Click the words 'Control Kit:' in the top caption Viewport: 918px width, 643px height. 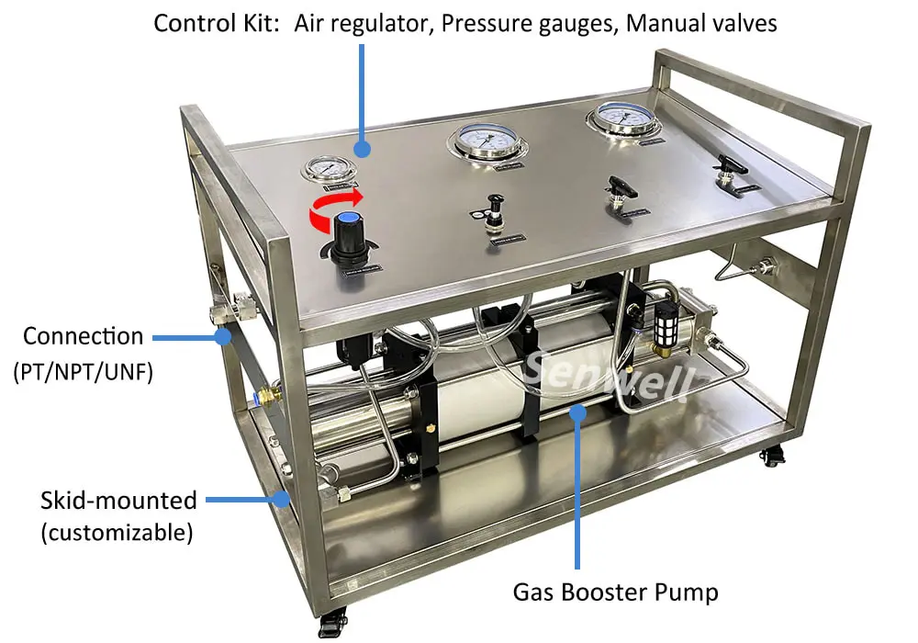click(x=217, y=23)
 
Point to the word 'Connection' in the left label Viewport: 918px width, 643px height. click(x=84, y=336)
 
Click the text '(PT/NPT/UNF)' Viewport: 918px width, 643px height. click(x=84, y=373)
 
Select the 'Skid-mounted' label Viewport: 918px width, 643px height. click(x=118, y=501)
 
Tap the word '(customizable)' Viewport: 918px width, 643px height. click(x=117, y=533)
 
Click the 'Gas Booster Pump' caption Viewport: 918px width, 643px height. click(x=615, y=592)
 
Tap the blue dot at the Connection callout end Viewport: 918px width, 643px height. click(x=223, y=337)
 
